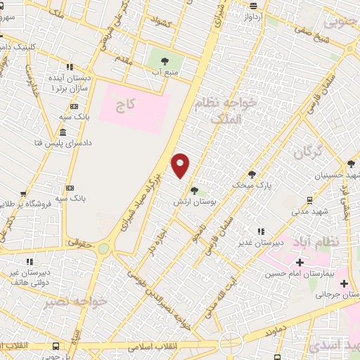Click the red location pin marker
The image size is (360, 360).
[x=181, y=166]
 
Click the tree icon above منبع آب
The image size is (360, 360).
[x=165, y=61]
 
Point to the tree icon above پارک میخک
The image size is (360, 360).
[x=252, y=174]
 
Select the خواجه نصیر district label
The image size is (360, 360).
[x=75, y=302]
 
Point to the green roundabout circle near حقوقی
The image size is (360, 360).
[x=104, y=248]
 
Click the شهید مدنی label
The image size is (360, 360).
[x=307, y=209]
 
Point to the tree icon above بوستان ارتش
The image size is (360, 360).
[x=194, y=191]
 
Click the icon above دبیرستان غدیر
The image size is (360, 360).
[x=260, y=231]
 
